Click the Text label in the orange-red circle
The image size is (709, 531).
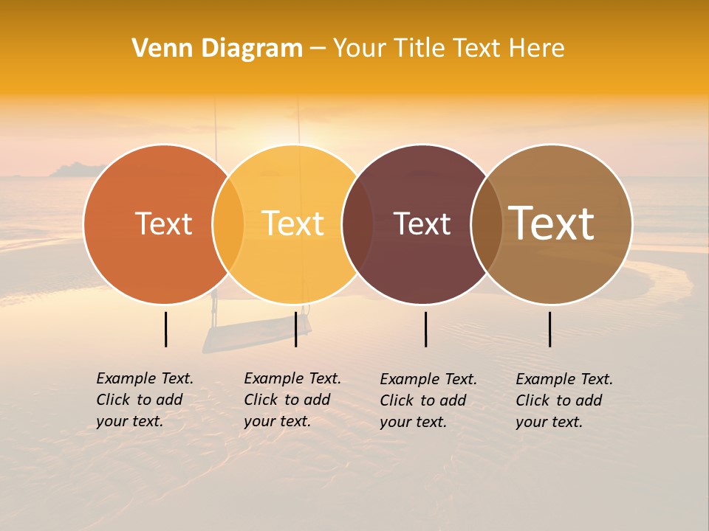click(x=163, y=223)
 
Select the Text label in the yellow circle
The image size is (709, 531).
click(x=293, y=223)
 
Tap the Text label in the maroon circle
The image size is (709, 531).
click(x=422, y=223)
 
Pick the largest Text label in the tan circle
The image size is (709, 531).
click(x=552, y=223)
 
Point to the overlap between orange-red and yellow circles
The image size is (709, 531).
click(x=228, y=223)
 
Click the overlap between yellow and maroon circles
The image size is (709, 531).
click(x=357, y=223)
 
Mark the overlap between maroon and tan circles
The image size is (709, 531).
click(x=487, y=223)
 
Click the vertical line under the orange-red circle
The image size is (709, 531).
click(x=165, y=329)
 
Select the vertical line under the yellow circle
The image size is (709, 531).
click(x=295, y=329)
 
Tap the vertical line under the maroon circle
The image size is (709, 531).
click(x=425, y=329)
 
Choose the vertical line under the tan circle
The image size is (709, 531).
click(x=549, y=329)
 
